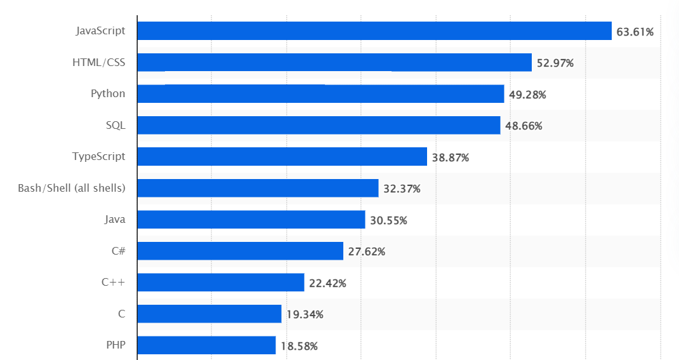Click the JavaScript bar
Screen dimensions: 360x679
[374, 31]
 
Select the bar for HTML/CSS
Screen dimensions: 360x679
[334, 62]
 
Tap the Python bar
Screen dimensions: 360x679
[320, 94]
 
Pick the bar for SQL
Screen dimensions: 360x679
[319, 125]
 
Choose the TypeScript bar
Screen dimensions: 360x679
[282, 156]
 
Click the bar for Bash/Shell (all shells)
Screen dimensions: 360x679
[258, 188]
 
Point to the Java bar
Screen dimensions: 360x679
[251, 220]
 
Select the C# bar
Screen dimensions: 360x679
[241, 251]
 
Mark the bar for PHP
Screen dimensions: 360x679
[206, 345]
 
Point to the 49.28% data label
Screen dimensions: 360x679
[527, 95]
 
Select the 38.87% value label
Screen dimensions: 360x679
[451, 157]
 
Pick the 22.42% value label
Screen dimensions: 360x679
[327, 283]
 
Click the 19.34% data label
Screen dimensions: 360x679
[305, 315]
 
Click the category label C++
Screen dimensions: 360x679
[114, 283]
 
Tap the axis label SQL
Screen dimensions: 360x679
[115, 125]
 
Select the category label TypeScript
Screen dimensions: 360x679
[99, 156]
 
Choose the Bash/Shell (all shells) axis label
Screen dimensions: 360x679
[72, 188]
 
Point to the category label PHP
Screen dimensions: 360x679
[115, 345]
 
